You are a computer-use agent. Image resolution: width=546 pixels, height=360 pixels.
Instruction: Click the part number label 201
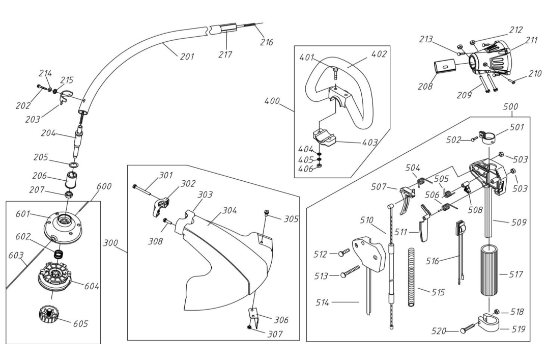coord(187,56)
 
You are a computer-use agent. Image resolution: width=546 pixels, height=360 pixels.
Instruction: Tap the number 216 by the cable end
coord(266,42)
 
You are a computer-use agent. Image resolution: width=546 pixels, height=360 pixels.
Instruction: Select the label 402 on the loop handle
coord(379,53)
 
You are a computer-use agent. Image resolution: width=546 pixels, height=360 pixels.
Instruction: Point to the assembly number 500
coord(510,107)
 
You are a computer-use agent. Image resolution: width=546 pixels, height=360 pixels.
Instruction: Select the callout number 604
coord(91,286)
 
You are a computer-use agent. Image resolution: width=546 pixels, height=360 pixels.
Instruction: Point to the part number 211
coord(531,40)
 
